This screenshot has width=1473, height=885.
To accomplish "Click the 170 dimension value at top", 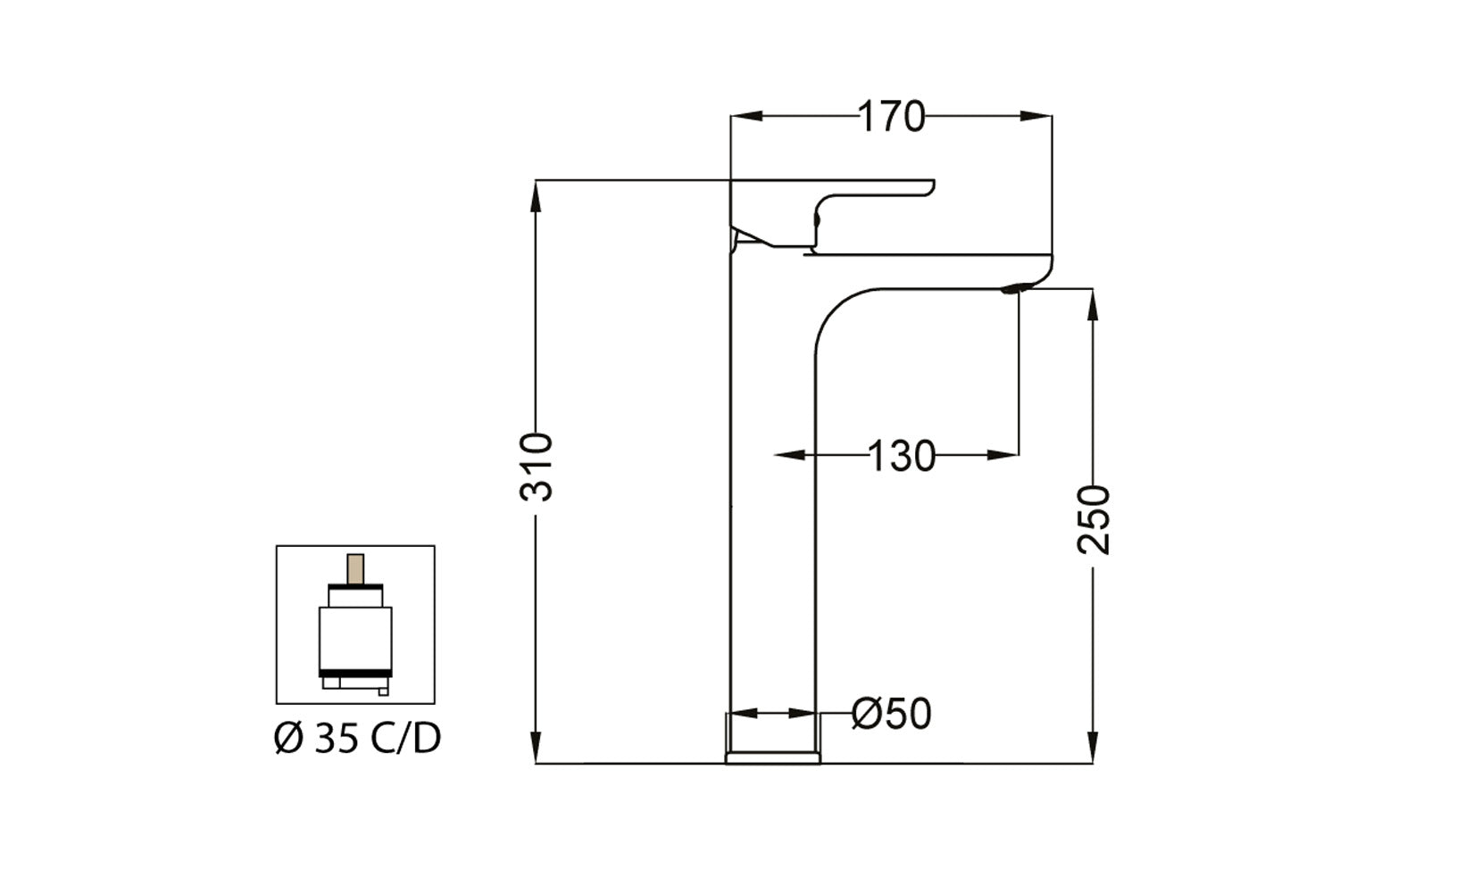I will tap(892, 117).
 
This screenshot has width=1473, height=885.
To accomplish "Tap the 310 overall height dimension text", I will tap(537, 467).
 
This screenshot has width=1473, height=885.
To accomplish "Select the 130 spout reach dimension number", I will tap(901, 456).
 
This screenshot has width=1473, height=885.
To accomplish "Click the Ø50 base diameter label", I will tap(891, 714).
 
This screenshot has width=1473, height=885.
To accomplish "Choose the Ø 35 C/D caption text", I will tap(357, 739).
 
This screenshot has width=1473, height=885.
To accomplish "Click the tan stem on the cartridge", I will tap(355, 569).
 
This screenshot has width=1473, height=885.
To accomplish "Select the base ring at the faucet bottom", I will tap(773, 757).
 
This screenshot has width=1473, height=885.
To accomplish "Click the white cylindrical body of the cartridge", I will tap(355, 636).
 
